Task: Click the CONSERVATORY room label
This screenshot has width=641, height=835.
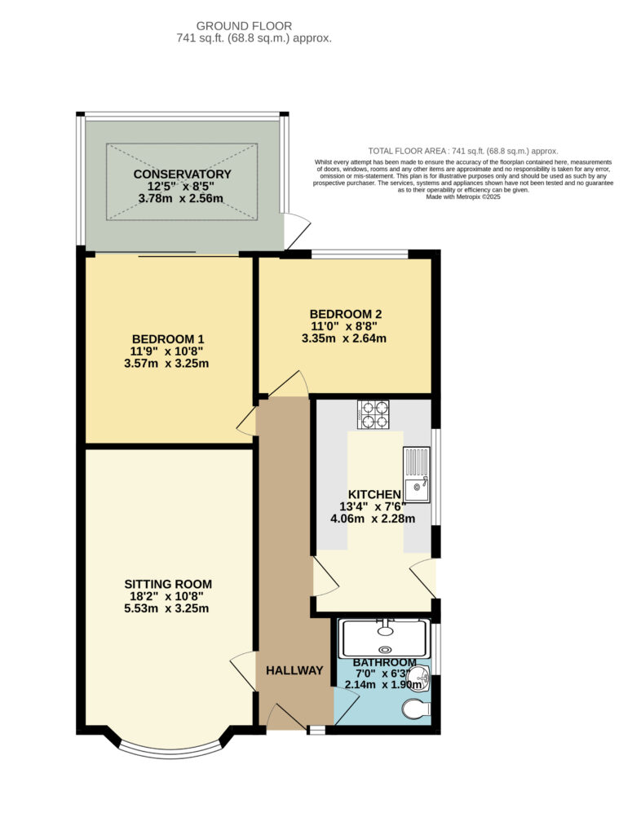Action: (182, 175)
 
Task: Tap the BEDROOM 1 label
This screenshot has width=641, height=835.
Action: (168, 338)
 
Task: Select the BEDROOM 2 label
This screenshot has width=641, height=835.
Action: (346, 314)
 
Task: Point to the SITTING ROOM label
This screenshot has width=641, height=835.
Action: (168, 584)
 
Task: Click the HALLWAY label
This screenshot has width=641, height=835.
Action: (294, 670)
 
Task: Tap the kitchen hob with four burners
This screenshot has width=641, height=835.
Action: (374, 415)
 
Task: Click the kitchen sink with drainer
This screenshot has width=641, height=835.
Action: (417, 475)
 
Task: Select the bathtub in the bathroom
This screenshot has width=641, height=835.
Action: (384, 638)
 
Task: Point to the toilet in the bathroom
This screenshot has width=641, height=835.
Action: (417, 709)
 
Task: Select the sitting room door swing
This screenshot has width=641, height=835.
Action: (244, 672)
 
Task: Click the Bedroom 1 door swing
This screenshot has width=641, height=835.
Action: (246, 422)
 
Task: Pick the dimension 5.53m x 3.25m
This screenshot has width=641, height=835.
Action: (166, 608)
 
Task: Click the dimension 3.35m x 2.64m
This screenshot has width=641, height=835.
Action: (344, 338)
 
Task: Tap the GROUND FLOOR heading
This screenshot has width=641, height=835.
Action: (245, 25)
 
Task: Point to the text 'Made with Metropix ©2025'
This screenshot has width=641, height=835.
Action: (463, 197)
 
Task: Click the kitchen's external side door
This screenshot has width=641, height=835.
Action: (424, 578)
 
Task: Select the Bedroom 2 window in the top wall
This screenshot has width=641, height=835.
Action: (360, 254)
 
